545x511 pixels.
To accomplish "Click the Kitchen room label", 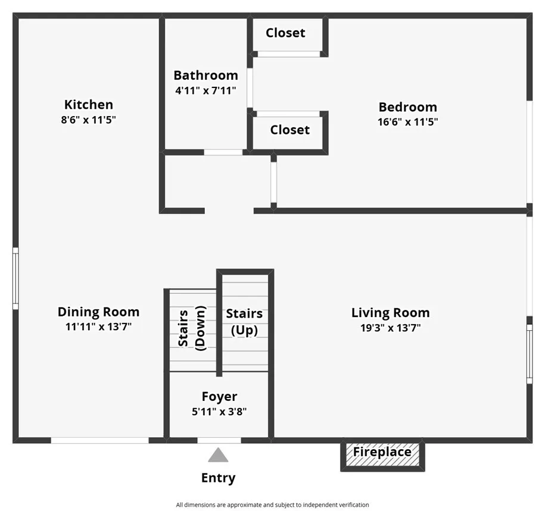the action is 89,105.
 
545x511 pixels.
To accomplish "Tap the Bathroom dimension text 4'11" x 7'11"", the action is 205,90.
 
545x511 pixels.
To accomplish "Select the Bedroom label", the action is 407,107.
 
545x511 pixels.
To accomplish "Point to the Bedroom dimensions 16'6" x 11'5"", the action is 407,122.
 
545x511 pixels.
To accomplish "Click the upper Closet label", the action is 285,33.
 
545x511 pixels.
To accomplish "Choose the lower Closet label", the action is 290,130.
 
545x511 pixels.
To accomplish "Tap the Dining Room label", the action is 99,312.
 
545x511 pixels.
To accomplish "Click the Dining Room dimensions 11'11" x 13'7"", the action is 99,327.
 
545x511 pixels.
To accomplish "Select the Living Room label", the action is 391,313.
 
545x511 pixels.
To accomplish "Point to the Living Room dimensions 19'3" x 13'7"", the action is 391,328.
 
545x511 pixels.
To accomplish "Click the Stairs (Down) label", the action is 192,328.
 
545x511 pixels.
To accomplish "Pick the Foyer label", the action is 219,396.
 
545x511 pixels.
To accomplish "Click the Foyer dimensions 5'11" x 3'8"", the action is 219,412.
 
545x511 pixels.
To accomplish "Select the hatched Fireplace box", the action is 382,454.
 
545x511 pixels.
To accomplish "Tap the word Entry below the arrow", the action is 218,478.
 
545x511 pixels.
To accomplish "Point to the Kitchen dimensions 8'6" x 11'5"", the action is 89,120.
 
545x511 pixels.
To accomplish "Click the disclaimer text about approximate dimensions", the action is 273,504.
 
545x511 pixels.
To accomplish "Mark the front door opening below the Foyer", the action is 219,441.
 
